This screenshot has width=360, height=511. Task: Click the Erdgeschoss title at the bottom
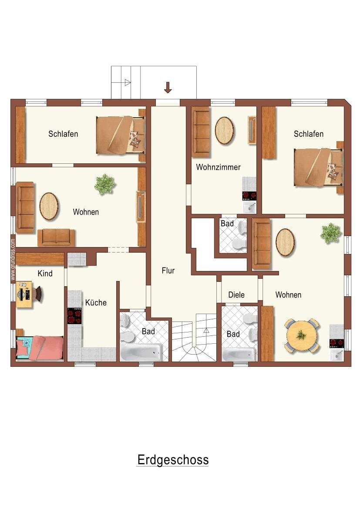(x=173, y=460)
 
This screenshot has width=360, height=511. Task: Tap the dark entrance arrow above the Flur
(x=168, y=88)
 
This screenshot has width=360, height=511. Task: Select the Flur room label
(x=168, y=271)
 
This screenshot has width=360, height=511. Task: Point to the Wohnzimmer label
(x=218, y=167)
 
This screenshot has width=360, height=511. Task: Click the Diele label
(x=236, y=295)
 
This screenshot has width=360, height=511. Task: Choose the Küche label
(x=96, y=302)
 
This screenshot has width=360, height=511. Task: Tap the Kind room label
(x=45, y=274)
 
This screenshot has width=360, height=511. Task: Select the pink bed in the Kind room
(x=40, y=348)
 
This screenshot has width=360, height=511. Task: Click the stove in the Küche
(x=74, y=315)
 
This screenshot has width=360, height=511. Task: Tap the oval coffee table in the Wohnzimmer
(x=224, y=131)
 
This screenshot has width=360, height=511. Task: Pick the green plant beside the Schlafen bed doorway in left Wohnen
(x=105, y=184)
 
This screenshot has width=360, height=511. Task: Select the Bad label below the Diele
(x=233, y=334)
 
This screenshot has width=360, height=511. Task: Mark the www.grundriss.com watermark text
(x=13, y=260)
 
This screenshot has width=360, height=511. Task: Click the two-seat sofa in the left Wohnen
(x=56, y=237)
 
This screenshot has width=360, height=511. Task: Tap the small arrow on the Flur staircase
(x=206, y=331)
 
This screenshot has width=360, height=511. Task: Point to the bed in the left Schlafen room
(x=121, y=135)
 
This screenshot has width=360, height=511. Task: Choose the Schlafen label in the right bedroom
(x=309, y=134)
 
